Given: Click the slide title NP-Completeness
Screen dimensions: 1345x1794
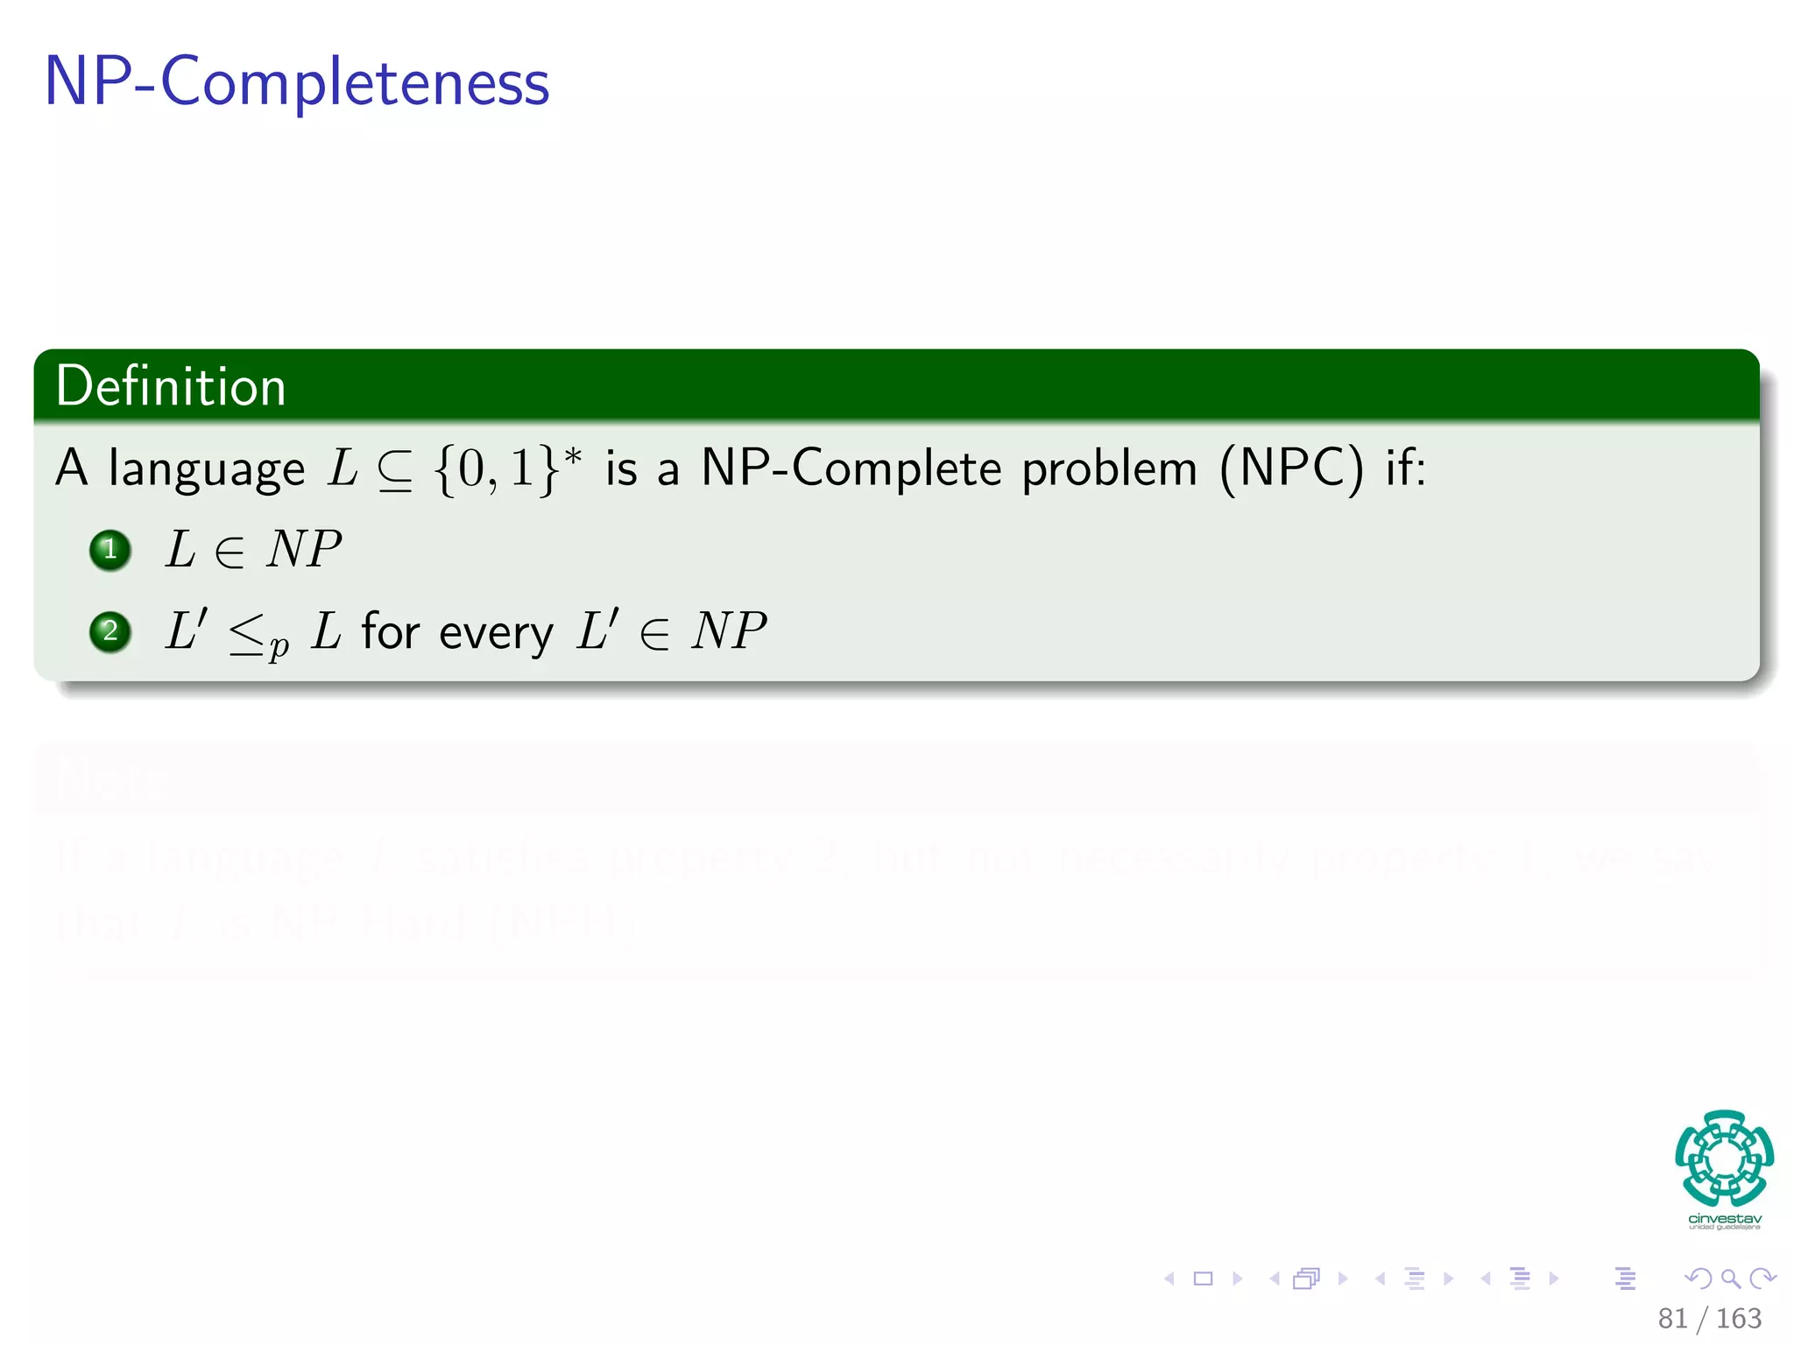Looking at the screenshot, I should pos(296,81).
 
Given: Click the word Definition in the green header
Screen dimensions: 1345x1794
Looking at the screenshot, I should pos(171,386).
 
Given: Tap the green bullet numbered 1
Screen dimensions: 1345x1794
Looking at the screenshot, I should pos(110,551).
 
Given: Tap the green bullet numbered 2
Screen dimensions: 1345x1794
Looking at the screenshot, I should pos(110,631).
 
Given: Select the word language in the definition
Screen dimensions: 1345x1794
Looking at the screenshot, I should pos(206,468).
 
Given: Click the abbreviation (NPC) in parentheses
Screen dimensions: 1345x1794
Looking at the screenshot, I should pos(1292,468).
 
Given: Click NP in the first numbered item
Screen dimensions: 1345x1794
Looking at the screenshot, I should pos(304,550).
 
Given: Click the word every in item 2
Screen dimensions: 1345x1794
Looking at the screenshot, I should pos(496,632).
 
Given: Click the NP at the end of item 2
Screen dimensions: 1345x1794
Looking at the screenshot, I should pos(729,630).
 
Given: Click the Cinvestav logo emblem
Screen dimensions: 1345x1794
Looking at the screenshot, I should pos(1724,1158).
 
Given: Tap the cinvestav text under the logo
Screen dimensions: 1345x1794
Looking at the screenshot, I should pos(1724,1219).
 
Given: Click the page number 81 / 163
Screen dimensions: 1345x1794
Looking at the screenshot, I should pos(1709,1318).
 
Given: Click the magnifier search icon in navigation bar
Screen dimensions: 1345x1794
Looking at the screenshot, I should pos(1730,1278).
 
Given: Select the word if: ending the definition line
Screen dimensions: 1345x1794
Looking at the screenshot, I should pos(1405,468).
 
